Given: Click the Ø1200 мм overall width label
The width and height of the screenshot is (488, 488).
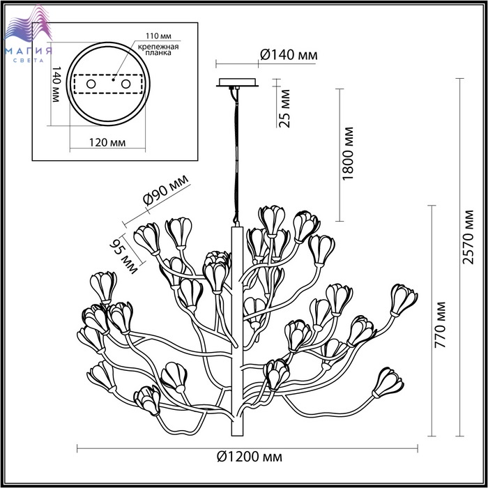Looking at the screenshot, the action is click(250, 457).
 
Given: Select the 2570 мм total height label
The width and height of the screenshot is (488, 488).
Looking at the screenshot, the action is click(468, 238).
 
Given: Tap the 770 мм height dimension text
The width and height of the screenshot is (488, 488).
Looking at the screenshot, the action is click(440, 325).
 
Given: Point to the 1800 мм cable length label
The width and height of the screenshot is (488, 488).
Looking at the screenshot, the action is click(349, 153).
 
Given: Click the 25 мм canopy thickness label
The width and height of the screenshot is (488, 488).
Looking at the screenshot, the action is click(284, 109).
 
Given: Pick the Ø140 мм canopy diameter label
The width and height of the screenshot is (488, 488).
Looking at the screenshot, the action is click(289, 55).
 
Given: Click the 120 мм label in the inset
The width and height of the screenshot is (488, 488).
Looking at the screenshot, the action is click(107, 142).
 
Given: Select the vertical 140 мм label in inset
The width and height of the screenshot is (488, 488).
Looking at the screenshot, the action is click(55, 84).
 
